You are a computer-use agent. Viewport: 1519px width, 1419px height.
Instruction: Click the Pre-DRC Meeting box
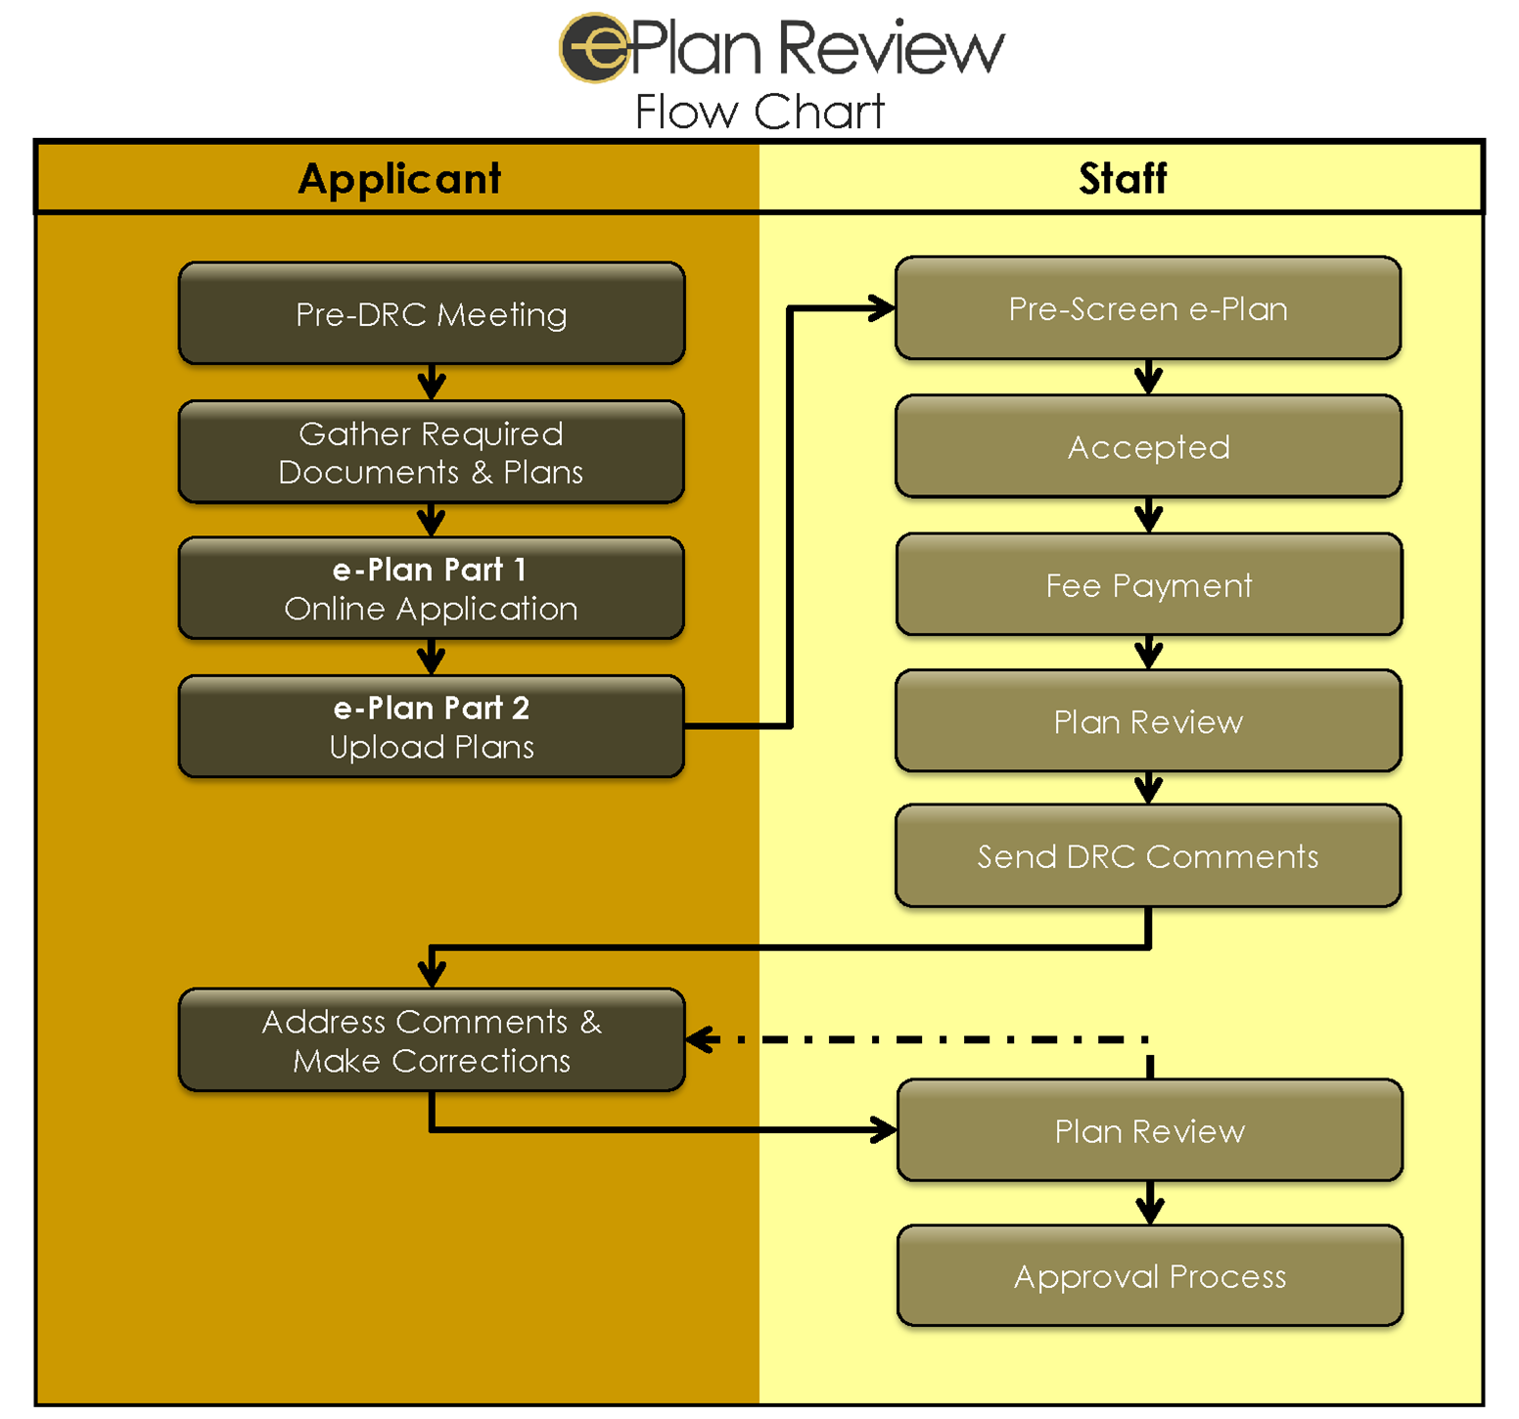pyautogui.click(x=432, y=314)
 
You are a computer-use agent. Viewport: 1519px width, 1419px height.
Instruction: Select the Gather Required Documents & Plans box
pyautogui.click(x=432, y=452)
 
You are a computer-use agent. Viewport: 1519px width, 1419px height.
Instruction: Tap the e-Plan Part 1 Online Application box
pyautogui.click(x=432, y=589)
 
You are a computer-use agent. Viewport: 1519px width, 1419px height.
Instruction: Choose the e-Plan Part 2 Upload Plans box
pyautogui.click(x=432, y=727)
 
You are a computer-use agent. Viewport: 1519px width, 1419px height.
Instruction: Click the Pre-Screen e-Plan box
pyautogui.click(x=1148, y=309)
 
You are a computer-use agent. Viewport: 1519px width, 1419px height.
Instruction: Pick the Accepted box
pyautogui.click(x=1148, y=447)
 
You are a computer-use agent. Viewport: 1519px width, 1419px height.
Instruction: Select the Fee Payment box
pyautogui.click(x=1148, y=585)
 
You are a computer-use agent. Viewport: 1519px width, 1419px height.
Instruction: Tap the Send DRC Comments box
pyautogui.click(x=1148, y=856)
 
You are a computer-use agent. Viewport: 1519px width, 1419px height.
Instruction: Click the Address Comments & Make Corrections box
pyautogui.click(x=432, y=1040)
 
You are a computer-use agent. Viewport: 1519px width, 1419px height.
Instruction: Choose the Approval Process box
pyautogui.click(x=1150, y=1276)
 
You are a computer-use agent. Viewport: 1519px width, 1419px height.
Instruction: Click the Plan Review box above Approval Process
pyautogui.click(x=1150, y=1131)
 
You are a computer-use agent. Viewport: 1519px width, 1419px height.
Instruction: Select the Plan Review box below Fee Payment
pyautogui.click(x=1148, y=721)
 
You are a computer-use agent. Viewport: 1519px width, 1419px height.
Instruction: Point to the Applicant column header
pyautogui.click(x=399, y=179)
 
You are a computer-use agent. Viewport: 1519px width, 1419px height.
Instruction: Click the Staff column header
pyautogui.click(x=1123, y=179)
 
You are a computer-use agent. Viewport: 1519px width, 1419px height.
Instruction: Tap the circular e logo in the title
pyautogui.click(x=593, y=47)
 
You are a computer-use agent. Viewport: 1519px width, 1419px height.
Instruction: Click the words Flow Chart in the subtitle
pyautogui.click(x=759, y=112)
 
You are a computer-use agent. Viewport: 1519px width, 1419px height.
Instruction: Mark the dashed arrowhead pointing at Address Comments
pyautogui.click(x=699, y=1039)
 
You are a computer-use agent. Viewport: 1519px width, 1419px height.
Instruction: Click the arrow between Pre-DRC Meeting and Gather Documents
pyautogui.click(x=432, y=383)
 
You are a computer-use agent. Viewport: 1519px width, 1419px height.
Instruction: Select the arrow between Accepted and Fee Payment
pyautogui.click(x=1148, y=515)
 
